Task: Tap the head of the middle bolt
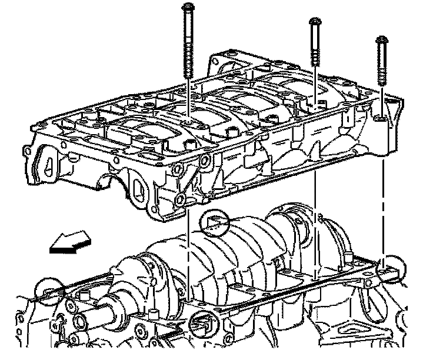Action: [315, 24]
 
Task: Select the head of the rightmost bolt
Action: [381, 40]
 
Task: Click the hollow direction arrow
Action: [69, 242]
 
